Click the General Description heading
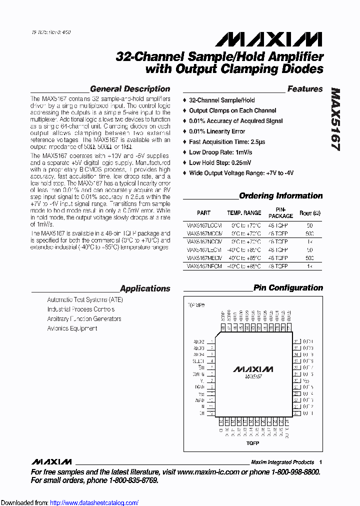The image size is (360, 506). point(130,89)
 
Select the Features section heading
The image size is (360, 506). point(305,89)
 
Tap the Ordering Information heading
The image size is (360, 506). point(281,196)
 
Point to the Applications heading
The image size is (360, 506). point(145,288)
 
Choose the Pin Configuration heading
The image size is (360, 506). point(288,287)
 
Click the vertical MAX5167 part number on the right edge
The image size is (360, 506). point(335,120)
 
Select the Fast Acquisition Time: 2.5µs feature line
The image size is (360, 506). point(227,142)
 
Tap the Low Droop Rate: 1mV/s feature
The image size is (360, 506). point(220,152)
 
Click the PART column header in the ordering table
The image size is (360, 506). point(203,213)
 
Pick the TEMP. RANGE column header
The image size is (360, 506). point(244,213)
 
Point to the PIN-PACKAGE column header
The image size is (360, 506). point(280,213)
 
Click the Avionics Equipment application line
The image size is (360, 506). point(72,328)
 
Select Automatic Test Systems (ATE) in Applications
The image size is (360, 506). point(84,299)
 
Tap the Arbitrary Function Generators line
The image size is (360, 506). point(84,318)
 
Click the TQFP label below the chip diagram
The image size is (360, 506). point(252,443)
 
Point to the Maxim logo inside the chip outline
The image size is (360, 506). point(253,369)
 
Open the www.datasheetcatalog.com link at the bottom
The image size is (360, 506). point(94,503)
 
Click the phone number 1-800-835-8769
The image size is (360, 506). point(129,480)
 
